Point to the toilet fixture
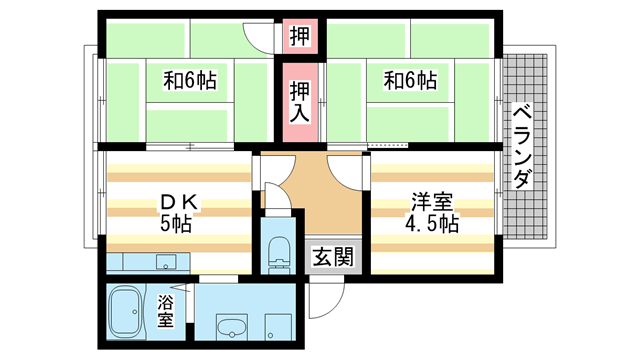[x=276, y=252]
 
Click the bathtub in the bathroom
[x=128, y=312]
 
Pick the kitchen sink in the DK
[x=164, y=263]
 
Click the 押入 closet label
[x=298, y=103]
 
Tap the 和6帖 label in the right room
[x=410, y=80]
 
